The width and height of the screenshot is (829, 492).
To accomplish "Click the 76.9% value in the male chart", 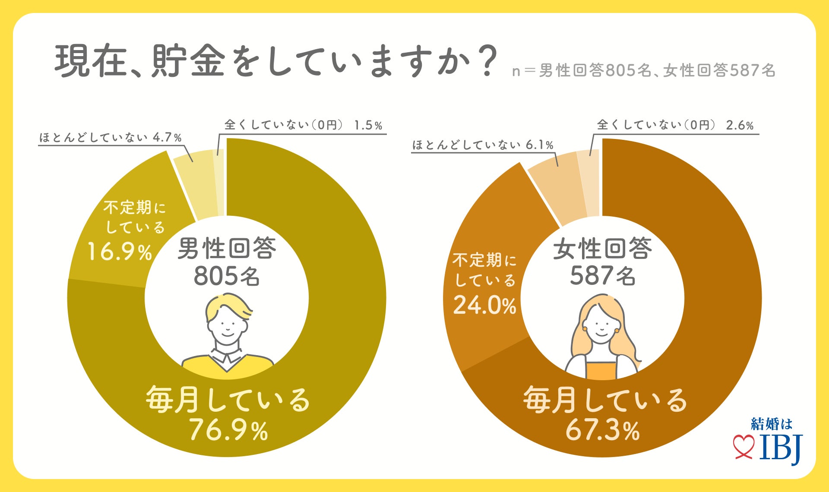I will pos(228,430).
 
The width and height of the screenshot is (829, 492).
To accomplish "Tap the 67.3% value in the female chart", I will pos(602,430).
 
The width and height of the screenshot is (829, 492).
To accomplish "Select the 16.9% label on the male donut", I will pos(120,252).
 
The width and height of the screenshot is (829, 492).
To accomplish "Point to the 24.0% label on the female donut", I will pos(484,305).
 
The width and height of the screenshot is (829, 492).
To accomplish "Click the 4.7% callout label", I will pos(167,137).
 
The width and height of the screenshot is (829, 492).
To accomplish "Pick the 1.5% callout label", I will pos(368,125).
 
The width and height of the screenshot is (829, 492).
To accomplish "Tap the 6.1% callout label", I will pos(539,145).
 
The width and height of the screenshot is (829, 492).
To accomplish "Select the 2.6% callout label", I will pos(740,125).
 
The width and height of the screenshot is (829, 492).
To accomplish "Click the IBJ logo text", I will pos(780,448).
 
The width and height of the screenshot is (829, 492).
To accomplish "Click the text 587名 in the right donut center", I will pos(602,276).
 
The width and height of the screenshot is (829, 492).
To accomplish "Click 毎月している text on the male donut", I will pos(228,399).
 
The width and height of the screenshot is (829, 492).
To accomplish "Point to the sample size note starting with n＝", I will pos(643,71).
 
